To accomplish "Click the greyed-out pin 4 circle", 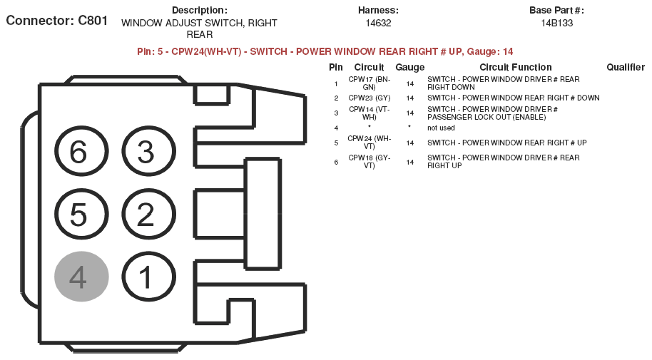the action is click(x=81, y=277).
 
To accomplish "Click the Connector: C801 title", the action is click(x=57, y=21).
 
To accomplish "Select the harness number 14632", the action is click(x=378, y=24).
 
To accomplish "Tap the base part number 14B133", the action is click(x=557, y=24).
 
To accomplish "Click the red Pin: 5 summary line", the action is click(x=325, y=51).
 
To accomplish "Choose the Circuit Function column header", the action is click(x=516, y=67).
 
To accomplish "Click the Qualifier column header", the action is click(x=626, y=67).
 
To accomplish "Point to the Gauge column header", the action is click(x=410, y=67).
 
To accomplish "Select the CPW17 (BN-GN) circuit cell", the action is click(x=370, y=83).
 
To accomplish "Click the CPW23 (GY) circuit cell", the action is click(x=370, y=98).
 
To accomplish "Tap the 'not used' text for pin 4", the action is click(x=441, y=128).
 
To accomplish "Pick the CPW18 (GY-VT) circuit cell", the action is click(x=370, y=162).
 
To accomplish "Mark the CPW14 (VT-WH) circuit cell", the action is click(x=370, y=113).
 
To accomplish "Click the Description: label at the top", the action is click(x=200, y=11).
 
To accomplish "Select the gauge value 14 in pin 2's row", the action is click(x=410, y=98).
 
